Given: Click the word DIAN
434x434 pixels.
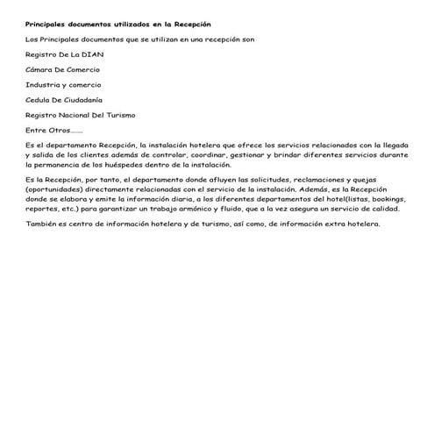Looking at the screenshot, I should point(85,53).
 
